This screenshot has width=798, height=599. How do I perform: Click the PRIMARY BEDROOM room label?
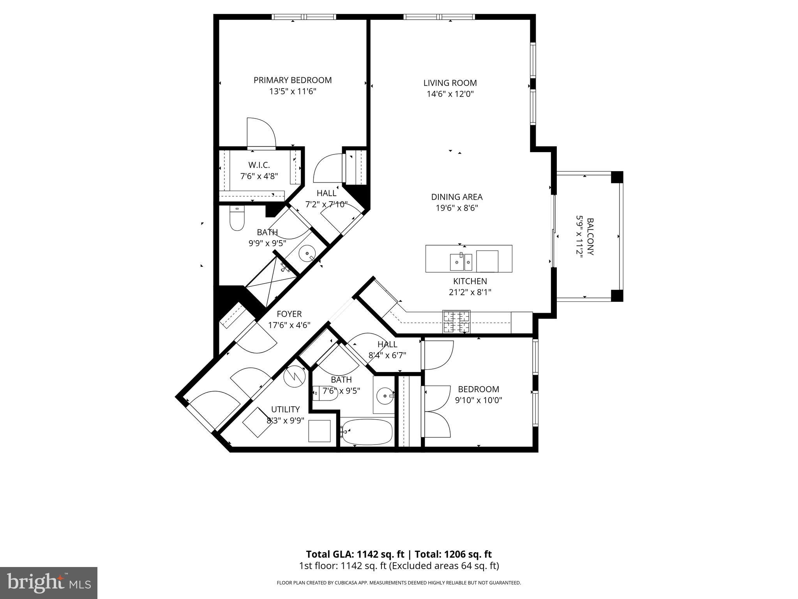click(x=293, y=80)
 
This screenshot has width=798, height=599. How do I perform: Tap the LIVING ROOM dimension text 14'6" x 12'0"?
click(x=450, y=94)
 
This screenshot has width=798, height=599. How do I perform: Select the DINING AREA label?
click(x=457, y=197)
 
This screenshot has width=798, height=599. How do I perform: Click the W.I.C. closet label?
click(x=259, y=165)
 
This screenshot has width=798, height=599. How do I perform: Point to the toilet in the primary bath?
click(x=237, y=220)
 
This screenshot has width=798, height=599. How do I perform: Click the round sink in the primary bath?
click(x=307, y=254)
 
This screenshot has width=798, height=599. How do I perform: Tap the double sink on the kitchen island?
click(x=461, y=262)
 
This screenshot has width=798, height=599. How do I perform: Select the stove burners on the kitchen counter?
click(x=456, y=322)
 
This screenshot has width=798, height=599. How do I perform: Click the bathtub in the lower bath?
click(x=367, y=432)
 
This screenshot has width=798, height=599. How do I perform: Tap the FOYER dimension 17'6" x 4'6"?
click(x=289, y=325)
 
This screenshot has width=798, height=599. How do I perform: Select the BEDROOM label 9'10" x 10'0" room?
click(x=478, y=389)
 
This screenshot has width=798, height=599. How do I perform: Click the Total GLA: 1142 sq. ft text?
click(x=355, y=554)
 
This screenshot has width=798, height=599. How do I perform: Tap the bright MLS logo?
click(x=49, y=583)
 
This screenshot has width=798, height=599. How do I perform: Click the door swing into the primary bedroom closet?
click(x=261, y=133)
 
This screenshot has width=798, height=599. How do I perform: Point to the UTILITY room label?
click(x=285, y=409)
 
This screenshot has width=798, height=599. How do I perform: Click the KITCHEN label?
click(x=470, y=281)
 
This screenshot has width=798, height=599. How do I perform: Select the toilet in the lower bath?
click(x=324, y=393)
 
